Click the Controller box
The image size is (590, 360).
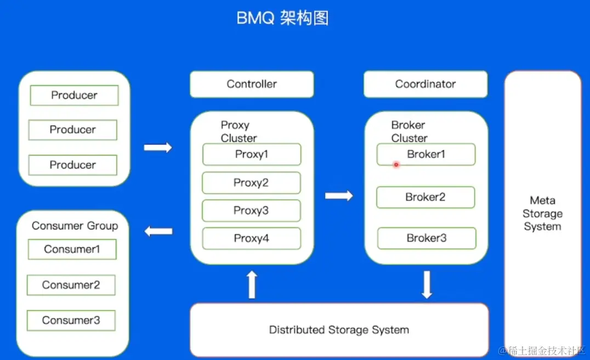252,84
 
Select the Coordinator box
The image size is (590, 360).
426,84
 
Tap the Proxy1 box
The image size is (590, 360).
252,155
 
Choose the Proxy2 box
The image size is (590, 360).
251,183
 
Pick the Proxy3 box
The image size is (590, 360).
251,211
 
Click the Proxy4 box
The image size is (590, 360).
251,238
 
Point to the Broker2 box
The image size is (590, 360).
426,197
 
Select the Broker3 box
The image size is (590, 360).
427,238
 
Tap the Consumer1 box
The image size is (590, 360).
72,249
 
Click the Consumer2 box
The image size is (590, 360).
71,285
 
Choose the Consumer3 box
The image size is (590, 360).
71,321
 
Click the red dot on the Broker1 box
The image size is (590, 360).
396,164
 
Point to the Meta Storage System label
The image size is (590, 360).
542,214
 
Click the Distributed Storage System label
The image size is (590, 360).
339,330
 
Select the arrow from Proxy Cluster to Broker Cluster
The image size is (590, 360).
339,196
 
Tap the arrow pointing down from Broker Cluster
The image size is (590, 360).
427,284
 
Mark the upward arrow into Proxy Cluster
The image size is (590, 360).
252,284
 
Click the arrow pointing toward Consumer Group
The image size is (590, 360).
158,231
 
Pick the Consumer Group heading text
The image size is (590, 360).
75,226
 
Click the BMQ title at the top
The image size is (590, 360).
282,18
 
